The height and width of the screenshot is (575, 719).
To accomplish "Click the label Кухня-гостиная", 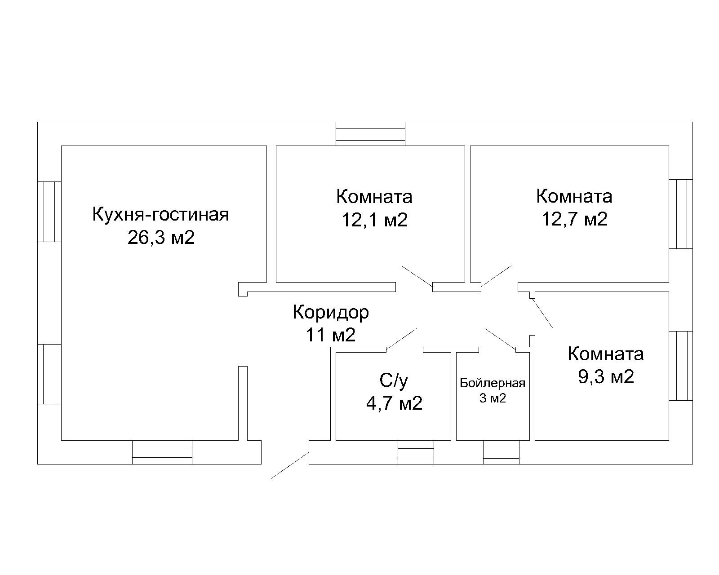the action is (160, 215).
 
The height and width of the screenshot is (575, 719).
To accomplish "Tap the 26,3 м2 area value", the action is (161, 238).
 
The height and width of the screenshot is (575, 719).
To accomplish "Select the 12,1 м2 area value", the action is (374, 220).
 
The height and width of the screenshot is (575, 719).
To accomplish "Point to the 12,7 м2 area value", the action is (574, 219).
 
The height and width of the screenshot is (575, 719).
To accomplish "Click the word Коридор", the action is (330, 312).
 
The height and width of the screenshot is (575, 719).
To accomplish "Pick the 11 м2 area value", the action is (330, 335).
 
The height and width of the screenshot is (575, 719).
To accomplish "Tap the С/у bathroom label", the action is (394, 381).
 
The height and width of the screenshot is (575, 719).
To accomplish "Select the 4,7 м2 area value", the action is (394, 403).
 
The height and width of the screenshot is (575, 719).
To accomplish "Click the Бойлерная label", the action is (493, 383).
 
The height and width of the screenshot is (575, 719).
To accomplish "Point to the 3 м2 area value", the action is (493, 398).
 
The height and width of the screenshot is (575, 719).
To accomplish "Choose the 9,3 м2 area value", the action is (606, 376).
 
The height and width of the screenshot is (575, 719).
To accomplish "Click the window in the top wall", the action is (371, 134).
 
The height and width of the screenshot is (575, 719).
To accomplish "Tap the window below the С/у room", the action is (416, 452).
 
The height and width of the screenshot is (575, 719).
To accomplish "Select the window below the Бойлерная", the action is (501, 452).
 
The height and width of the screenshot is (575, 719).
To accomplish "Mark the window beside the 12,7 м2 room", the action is (680, 214).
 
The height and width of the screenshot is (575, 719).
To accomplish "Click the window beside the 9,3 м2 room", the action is (680, 366).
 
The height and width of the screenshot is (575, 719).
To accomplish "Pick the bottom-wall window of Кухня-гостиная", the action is (162, 452).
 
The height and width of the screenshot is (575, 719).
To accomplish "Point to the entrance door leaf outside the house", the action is (289, 466).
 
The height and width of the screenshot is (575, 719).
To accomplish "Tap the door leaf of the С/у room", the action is (401, 338).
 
